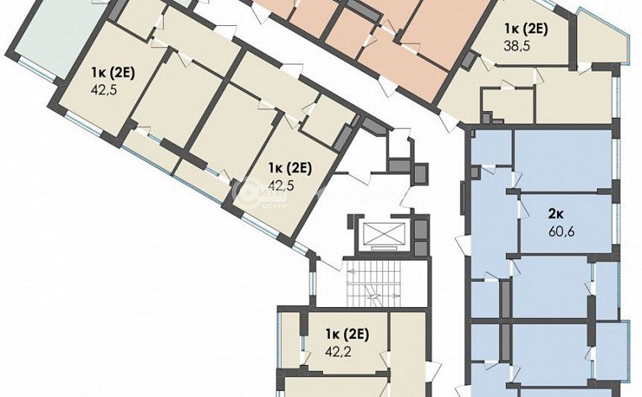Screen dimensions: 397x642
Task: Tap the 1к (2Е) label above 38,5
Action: tap(526, 27)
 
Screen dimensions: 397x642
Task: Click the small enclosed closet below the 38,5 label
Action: tap(507, 105)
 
